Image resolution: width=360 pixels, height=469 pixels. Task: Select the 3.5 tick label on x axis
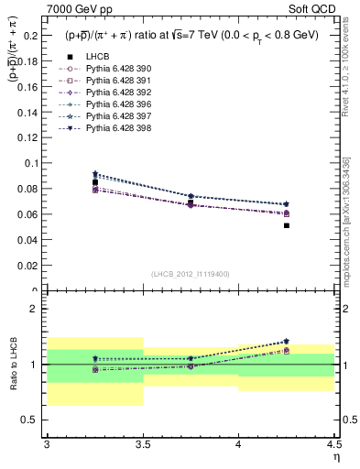(x=143, y=443)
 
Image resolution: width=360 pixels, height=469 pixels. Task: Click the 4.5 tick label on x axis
(x=333, y=443)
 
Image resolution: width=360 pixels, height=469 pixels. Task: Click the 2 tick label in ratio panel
(x=36, y=309)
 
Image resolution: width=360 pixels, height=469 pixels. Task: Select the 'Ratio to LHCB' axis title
(x=14, y=364)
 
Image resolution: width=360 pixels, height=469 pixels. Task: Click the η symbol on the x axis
(x=334, y=456)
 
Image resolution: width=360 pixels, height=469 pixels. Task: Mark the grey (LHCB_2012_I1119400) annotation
(x=191, y=274)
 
